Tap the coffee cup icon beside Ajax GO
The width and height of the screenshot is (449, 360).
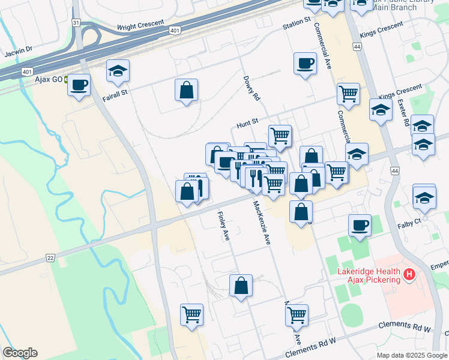(79, 85)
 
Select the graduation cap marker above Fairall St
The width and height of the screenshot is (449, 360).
(118, 71)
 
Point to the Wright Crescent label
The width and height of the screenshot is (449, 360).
(140, 25)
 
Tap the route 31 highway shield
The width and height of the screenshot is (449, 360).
(75, 22)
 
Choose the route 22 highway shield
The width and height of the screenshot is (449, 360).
(49, 258)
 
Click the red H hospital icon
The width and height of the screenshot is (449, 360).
(410, 275)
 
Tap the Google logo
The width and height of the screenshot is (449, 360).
(20, 353)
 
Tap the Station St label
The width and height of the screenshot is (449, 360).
(297, 23)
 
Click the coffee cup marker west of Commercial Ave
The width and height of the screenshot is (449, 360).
(305, 63)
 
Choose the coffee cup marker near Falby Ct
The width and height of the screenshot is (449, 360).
(360, 225)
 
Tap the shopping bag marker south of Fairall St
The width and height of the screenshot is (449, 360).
(187, 91)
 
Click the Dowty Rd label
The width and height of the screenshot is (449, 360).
(252, 88)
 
